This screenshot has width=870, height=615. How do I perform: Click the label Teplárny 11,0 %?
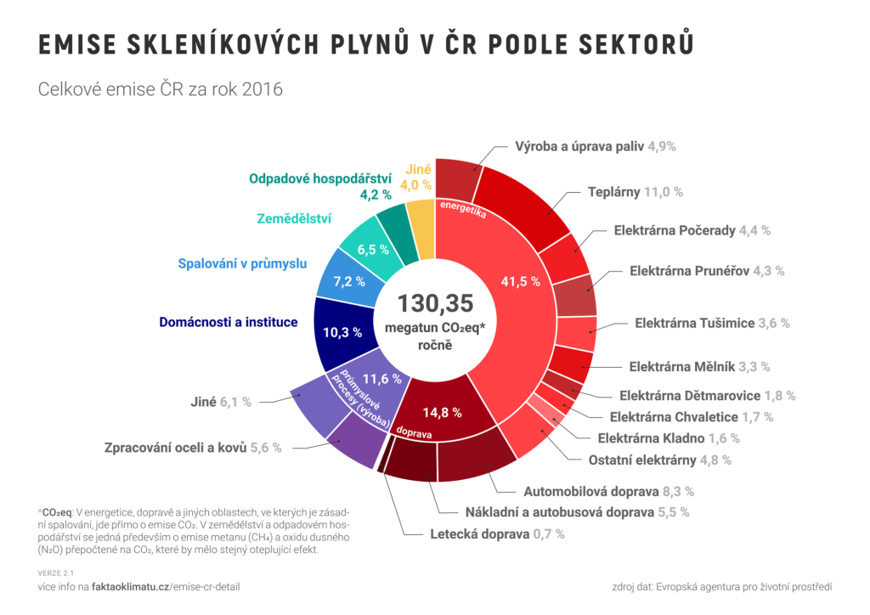point(636,192)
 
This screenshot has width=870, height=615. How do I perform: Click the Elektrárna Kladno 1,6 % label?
point(668,438)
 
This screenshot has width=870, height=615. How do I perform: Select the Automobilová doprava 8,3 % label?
point(608,491)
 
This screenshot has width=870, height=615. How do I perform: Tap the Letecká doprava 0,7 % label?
point(497,534)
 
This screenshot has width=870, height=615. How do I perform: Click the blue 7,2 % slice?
point(348,280)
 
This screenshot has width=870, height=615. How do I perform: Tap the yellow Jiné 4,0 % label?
point(416,177)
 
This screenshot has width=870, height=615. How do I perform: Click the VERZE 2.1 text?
point(56,573)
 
